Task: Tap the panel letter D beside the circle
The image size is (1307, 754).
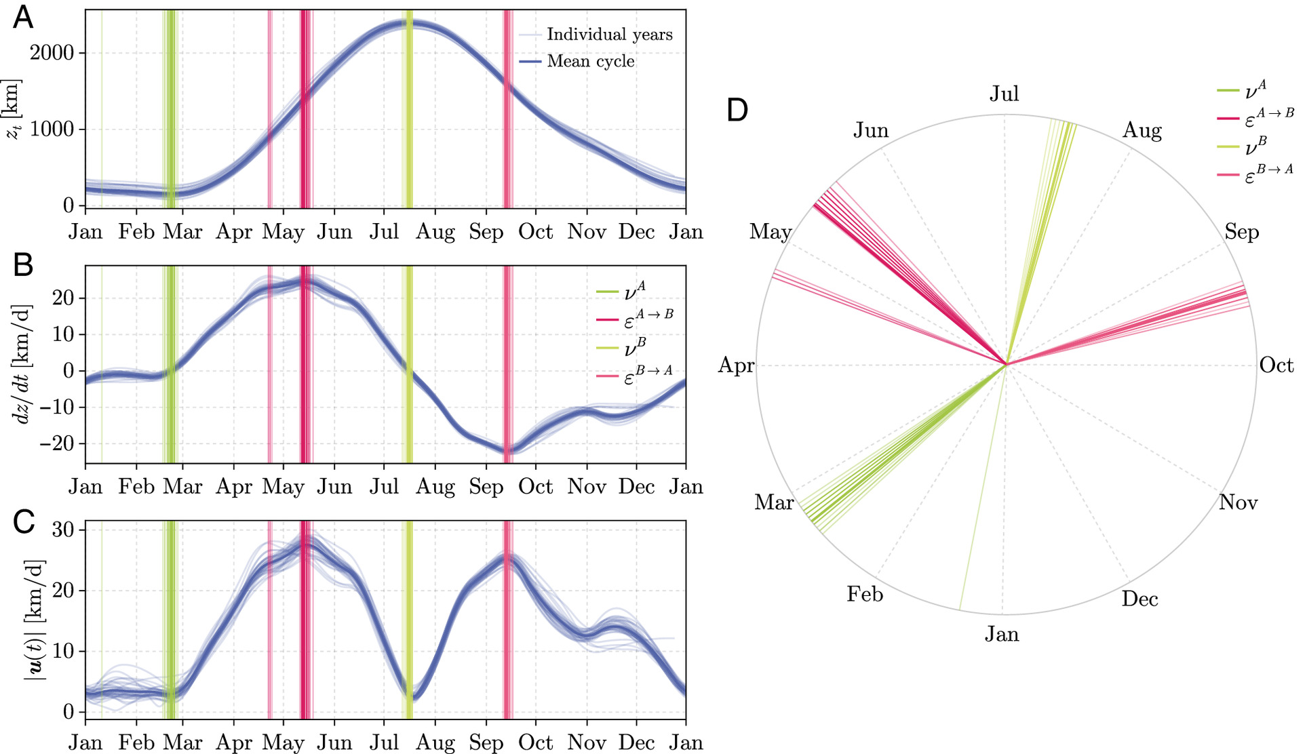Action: pyautogui.click(x=737, y=110)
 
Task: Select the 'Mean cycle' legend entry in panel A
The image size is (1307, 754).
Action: pyautogui.click(x=590, y=61)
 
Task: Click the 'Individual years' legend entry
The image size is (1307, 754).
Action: pyautogui.click(x=609, y=35)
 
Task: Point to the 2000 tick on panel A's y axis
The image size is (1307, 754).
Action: pyautogui.click(x=52, y=53)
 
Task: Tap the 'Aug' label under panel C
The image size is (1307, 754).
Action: pyautogui.click(x=435, y=742)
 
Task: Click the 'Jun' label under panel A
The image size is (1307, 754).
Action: pyautogui.click(x=334, y=232)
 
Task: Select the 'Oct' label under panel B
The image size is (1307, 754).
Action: pyautogui.click(x=535, y=487)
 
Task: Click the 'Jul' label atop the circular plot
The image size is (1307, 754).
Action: pyautogui.click(x=1004, y=94)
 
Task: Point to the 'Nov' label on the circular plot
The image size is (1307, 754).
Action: pyautogui.click(x=1238, y=502)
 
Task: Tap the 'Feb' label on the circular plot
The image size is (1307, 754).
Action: pyautogui.click(x=865, y=595)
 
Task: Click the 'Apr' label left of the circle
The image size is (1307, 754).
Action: pyautogui.click(x=736, y=365)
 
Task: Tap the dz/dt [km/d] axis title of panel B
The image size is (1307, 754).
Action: pyautogui.click(x=23, y=364)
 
